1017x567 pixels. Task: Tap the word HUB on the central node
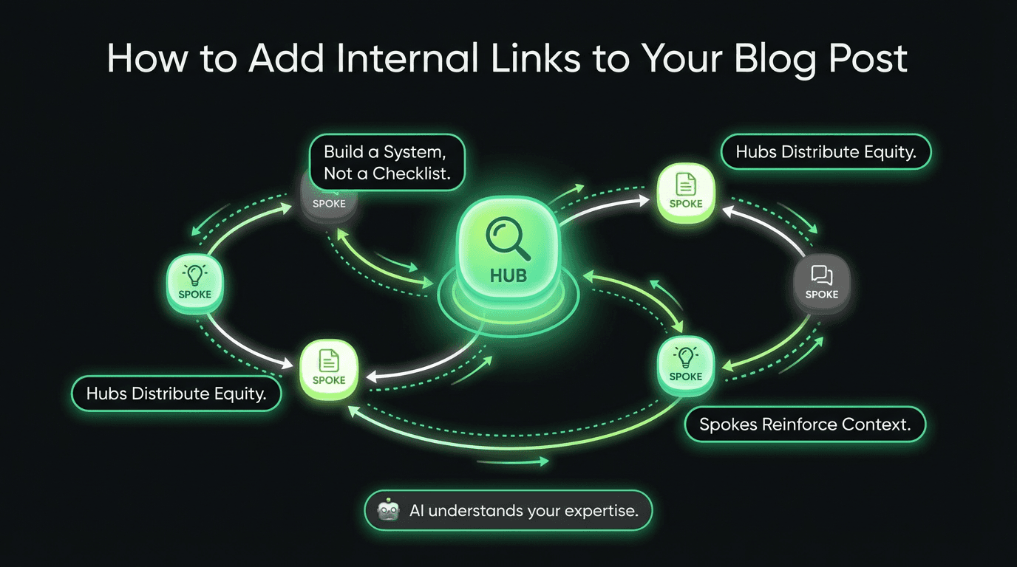(508, 276)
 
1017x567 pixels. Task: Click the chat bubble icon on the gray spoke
(821, 275)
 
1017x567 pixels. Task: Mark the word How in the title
(146, 58)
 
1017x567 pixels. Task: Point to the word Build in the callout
(344, 152)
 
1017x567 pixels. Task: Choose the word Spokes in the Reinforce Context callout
(727, 425)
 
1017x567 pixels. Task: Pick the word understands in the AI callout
(481, 510)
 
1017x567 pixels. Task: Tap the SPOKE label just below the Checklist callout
(329, 204)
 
